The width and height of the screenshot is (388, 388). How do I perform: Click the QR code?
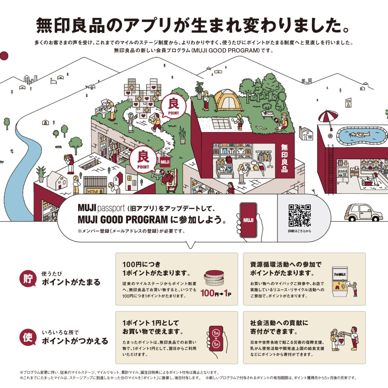[x=300, y=215]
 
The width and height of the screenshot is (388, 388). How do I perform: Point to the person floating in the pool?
[x=359, y=135]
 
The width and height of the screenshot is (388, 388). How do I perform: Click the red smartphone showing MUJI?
[x=248, y=220]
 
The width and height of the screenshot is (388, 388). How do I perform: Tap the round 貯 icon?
[x=28, y=278]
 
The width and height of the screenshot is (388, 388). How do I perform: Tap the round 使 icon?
[x=28, y=337]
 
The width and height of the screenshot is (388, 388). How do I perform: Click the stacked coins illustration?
[x=214, y=278]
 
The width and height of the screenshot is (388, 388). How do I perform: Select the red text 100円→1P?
[x=216, y=293]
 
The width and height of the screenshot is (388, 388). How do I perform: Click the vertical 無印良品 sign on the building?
[x=284, y=158]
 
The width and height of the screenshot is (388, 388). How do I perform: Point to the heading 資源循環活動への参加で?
[x=286, y=264]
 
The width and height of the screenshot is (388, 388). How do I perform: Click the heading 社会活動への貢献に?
[x=279, y=323]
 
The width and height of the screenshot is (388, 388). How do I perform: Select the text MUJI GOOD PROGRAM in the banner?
[x=123, y=219]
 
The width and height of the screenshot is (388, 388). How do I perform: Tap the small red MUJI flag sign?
[x=165, y=162]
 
